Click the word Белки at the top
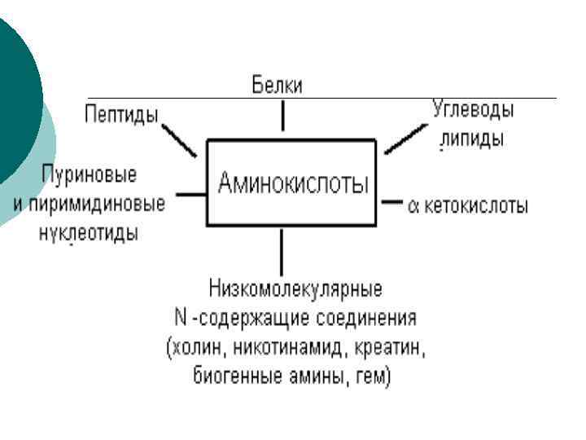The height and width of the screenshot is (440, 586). point(276,86)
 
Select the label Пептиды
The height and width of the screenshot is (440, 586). point(122,115)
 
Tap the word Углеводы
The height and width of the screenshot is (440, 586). point(478,109)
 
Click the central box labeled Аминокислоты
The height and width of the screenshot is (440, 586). point(291,183)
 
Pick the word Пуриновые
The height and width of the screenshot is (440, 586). point(90,175)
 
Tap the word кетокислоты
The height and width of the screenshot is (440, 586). point(475,205)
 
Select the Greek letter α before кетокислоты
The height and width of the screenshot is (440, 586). point(413,205)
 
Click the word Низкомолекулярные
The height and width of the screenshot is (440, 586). point(295,288)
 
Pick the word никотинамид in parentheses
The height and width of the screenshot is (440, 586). point(282,348)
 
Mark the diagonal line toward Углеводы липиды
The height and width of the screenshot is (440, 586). point(402,140)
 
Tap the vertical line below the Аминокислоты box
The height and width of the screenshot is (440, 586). point(282,252)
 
